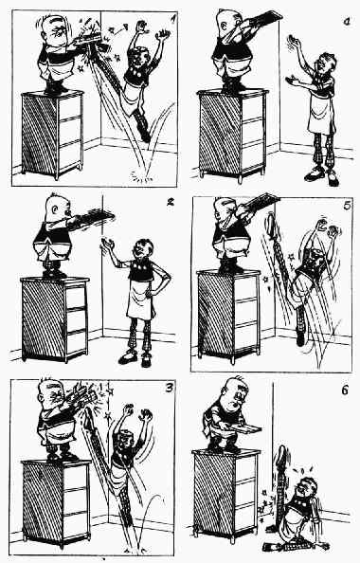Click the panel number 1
(173, 18)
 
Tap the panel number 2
(170, 202)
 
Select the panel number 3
(168, 388)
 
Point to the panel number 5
(346, 208)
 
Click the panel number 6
(345, 390)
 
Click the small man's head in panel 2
(59, 208)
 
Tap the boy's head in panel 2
(143, 250)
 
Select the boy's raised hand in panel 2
(107, 245)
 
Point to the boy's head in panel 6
(305, 488)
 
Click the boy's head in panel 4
(325, 64)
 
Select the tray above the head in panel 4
(265, 18)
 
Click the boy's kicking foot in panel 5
(271, 224)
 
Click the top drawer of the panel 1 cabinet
(70, 107)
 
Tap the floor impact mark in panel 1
(141, 175)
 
